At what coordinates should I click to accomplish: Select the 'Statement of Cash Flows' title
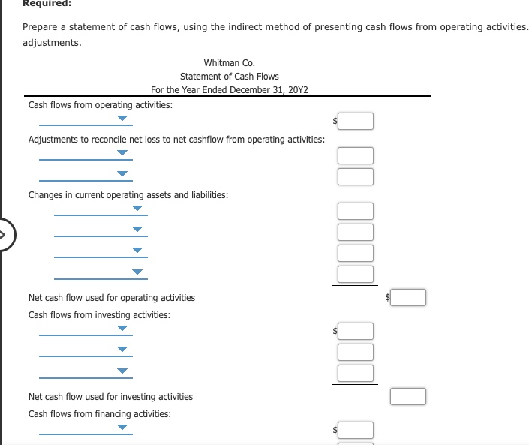pos(229,77)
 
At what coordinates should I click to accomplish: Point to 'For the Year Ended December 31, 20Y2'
pos(229,90)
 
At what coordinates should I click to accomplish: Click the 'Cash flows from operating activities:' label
pos(100,105)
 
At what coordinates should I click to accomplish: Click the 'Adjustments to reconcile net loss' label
pos(176,140)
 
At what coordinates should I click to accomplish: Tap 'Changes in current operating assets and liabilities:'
pos(128,195)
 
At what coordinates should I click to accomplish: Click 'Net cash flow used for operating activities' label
pos(111,298)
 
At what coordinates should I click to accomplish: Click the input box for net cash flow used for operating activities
pos(408,298)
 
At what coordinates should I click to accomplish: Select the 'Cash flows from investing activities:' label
pos(99,315)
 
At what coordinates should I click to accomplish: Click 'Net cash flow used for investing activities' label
pos(110,397)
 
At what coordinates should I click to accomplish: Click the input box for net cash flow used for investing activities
pos(408,396)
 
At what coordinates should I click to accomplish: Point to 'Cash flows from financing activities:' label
pos(99,414)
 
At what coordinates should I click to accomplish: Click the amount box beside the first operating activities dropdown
pos(356,121)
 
